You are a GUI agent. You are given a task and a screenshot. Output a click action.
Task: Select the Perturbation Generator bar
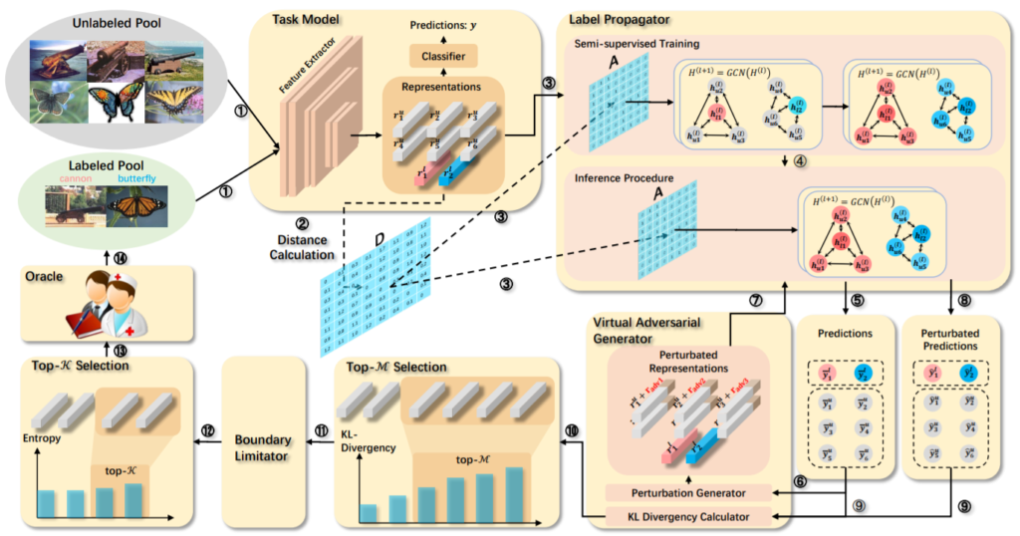[x=689, y=493]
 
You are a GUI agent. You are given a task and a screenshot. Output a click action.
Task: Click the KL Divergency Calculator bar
[x=689, y=516]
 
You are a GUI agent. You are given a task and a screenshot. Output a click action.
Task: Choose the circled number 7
[x=755, y=300]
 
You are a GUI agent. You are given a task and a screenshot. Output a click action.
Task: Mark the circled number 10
[x=571, y=429]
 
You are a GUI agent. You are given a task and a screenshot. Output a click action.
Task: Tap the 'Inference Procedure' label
[x=628, y=179]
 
